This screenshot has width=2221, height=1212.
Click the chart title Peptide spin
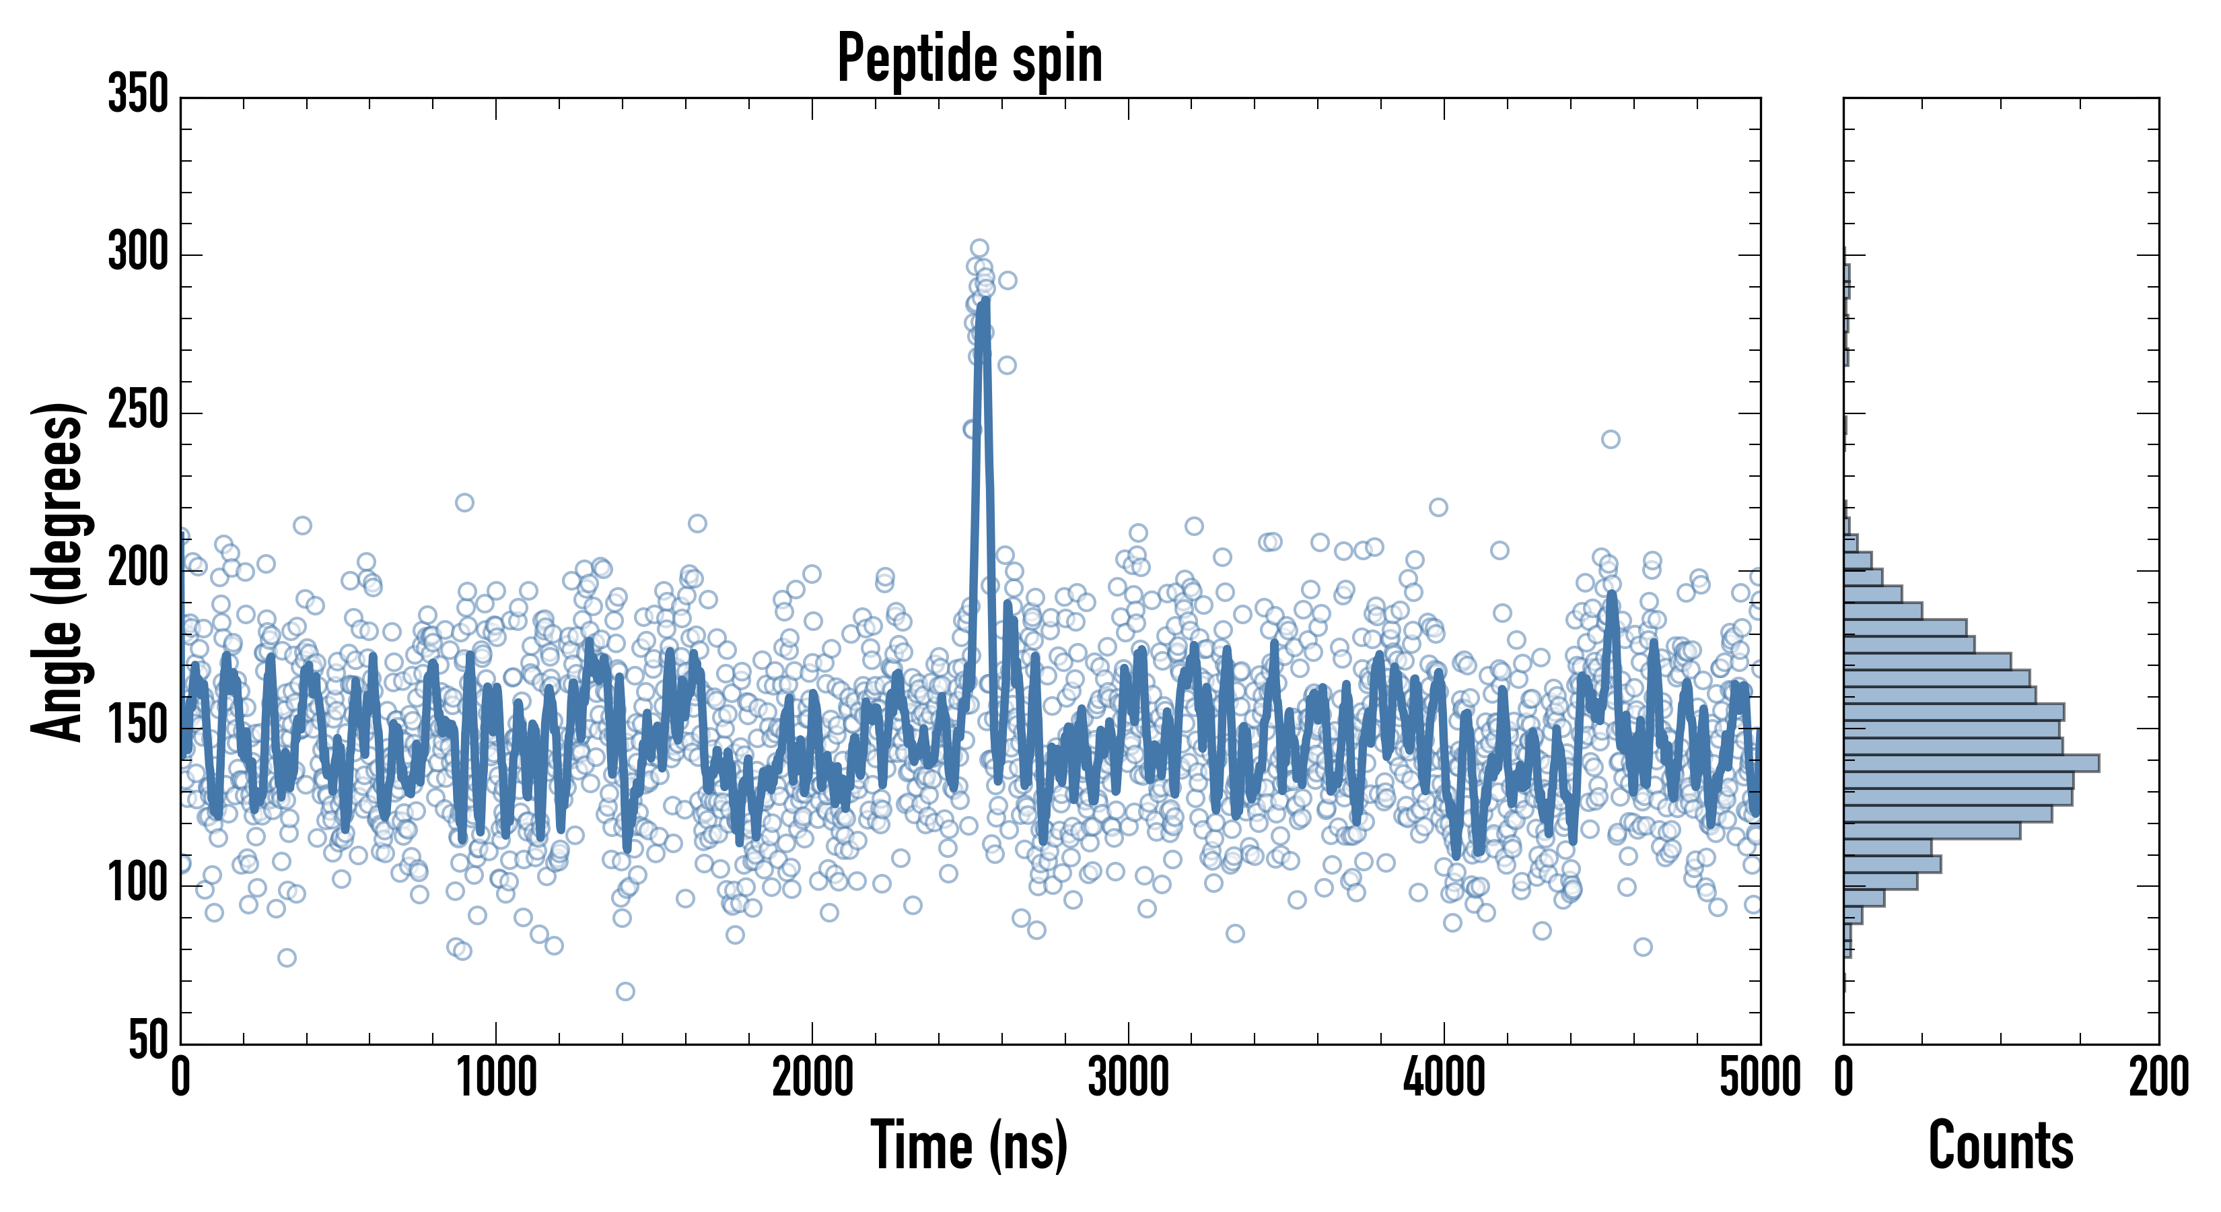tap(970, 59)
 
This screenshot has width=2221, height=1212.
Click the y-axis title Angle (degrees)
tap(58, 571)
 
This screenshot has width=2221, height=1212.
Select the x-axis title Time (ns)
tap(970, 1145)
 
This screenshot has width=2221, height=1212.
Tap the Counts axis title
tap(2000, 1145)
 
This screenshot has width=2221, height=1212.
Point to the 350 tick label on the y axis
tap(138, 94)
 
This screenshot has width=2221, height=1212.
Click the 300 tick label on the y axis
tap(138, 254)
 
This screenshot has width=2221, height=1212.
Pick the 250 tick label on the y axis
tap(138, 411)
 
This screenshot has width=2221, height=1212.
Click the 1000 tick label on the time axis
tap(497, 1078)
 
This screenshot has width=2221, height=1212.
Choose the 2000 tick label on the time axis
tap(812, 1078)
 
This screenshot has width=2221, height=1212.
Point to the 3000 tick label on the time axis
tap(1128, 1078)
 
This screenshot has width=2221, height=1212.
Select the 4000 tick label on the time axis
tap(1444, 1078)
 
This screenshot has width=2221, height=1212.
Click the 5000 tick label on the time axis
tap(1760, 1078)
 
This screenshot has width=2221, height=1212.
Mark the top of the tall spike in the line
tap(984, 300)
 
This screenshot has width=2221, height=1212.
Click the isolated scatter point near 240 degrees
tap(1611, 439)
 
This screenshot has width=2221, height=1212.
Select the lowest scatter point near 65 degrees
tap(625, 991)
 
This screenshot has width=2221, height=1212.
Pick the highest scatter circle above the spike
tap(979, 248)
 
